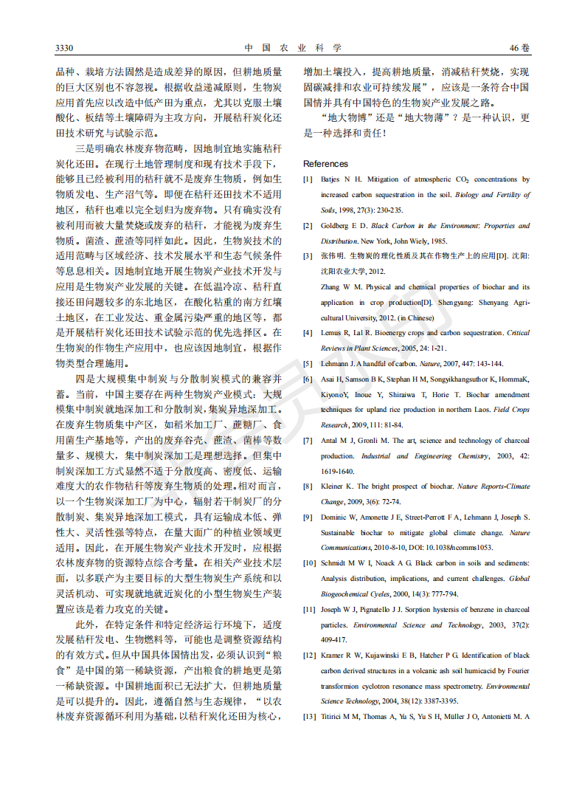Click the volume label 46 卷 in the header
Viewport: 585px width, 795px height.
point(519,49)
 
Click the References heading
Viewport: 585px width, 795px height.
point(325,164)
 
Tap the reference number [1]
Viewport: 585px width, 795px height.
point(308,179)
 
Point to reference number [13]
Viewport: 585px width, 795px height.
point(310,717)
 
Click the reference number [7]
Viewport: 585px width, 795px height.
point(308,441)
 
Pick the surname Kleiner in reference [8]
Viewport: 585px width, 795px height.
point(333,486)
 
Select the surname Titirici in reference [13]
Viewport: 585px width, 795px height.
point(335,717)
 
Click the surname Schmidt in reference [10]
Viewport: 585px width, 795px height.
point(336,563)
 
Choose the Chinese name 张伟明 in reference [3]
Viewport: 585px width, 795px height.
point(331,256)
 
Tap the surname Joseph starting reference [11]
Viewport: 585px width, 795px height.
point(333,610)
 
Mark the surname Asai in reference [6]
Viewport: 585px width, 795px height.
point(329,379)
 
